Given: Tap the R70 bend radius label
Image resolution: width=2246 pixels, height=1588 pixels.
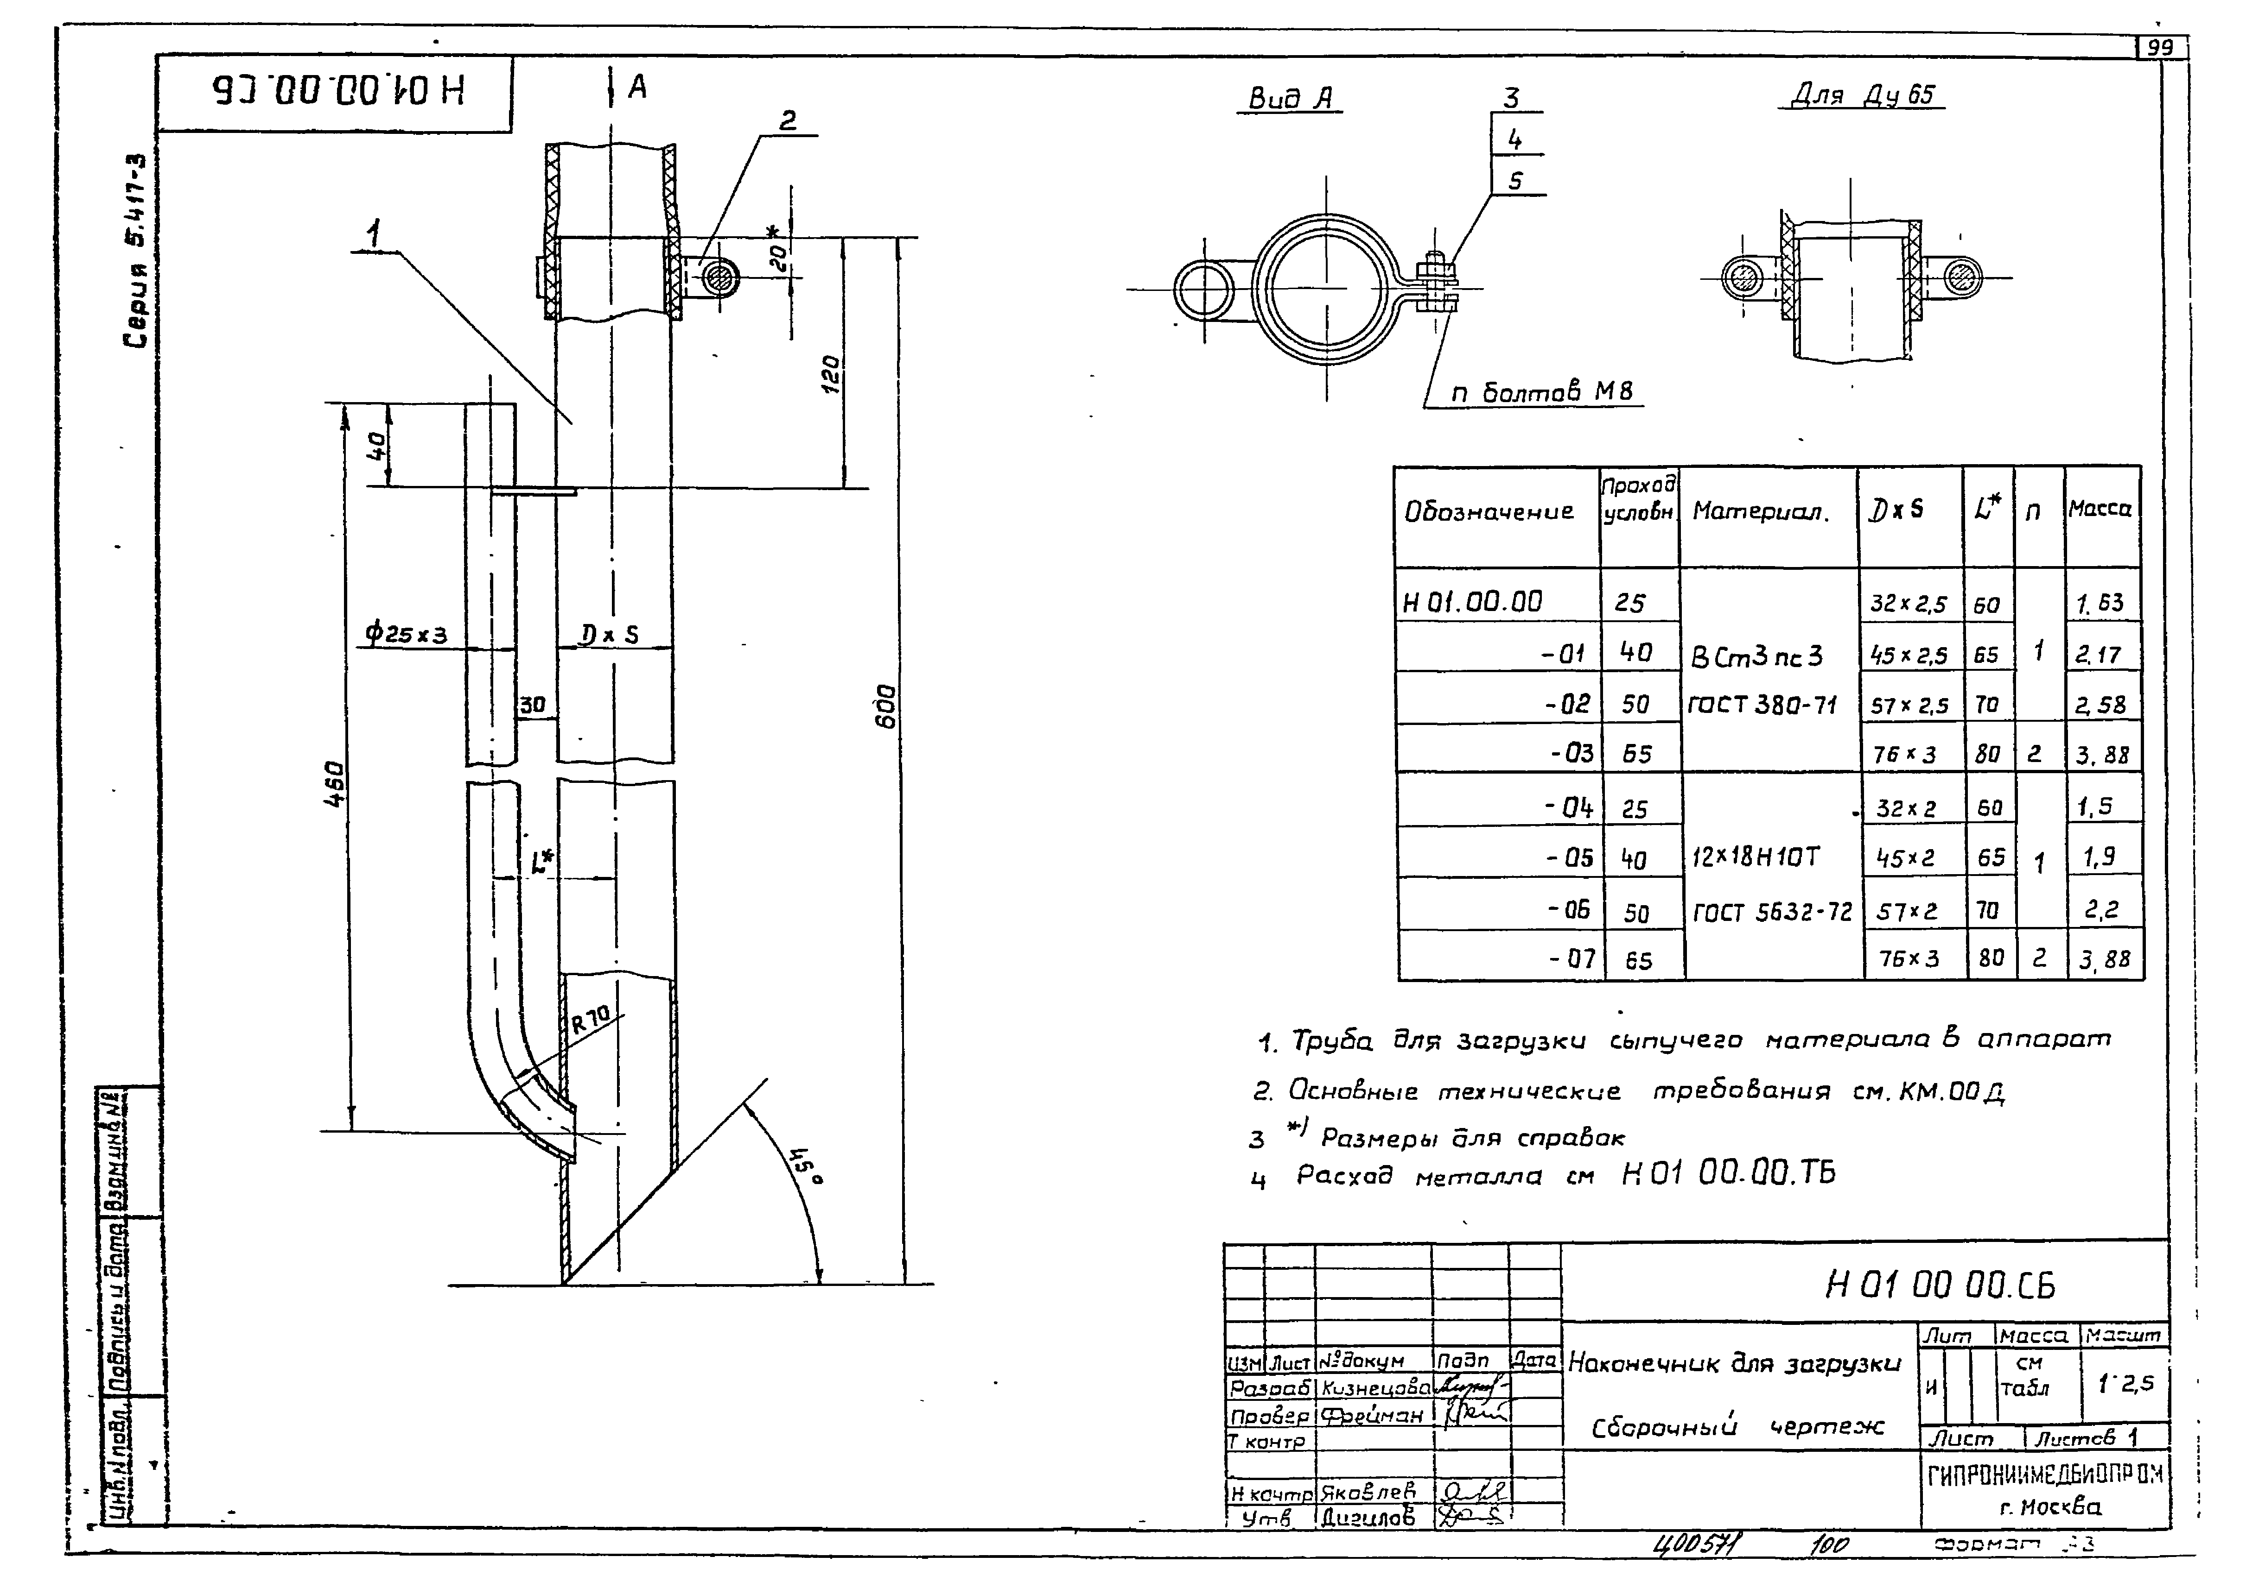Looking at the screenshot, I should tap(590, 1020).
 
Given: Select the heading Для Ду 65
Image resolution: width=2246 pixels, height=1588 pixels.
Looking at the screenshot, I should tap(1862, 95).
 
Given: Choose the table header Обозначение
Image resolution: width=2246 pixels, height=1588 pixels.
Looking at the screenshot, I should tap(1489, 511).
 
